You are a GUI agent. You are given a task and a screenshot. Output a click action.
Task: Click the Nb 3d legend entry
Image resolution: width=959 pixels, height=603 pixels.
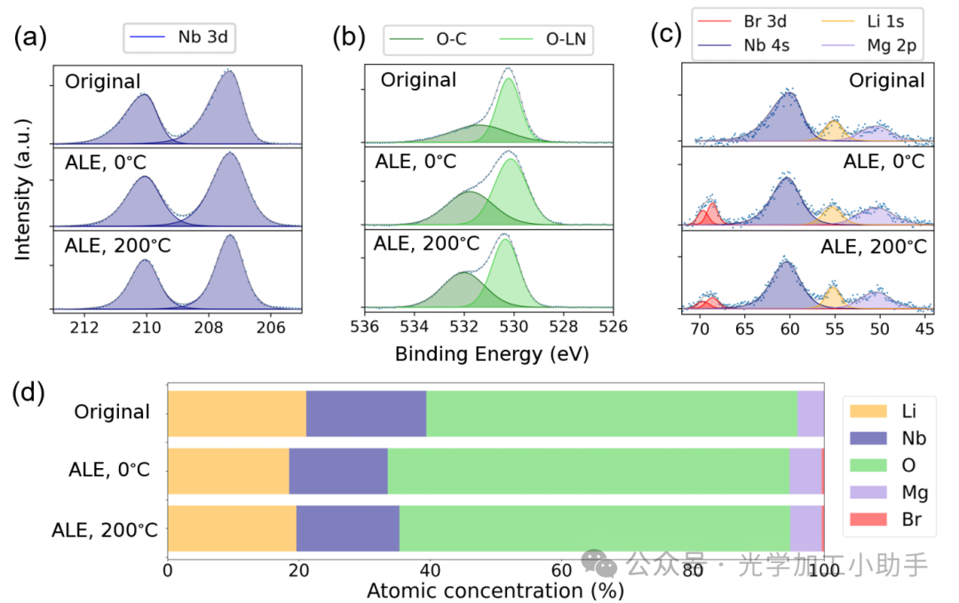[187, 38]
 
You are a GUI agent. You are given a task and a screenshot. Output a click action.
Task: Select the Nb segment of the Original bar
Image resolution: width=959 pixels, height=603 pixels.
[366, 413]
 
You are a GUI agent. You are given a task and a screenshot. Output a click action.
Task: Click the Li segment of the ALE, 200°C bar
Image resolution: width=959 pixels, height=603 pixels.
[232, 529]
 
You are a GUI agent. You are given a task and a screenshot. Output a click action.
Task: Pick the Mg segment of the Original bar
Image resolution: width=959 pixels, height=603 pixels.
[810, 413]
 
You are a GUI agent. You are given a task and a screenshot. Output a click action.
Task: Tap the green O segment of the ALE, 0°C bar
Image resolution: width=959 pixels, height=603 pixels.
[588, 471]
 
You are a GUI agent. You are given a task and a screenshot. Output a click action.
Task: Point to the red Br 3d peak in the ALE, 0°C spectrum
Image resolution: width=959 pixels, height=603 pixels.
[711, 213]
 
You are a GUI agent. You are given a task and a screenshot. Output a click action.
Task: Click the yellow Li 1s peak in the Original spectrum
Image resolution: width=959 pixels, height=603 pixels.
[834, 131]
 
